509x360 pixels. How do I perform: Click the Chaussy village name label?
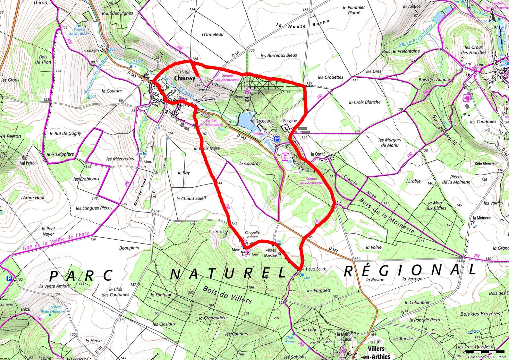(x=184, y=78)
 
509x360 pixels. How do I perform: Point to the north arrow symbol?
(x=493, y=16)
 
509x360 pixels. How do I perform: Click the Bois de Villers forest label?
(x=227, y=295)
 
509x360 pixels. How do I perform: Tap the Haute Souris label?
(x=316, y=269)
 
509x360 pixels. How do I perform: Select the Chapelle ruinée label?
(x=252, y=235)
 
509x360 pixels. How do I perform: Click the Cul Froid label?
(x=216, y=231)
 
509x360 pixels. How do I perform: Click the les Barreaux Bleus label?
(x=279, y=55)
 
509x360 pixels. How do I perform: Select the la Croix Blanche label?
(x=365, y=102)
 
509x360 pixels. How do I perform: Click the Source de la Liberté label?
(x=79, y=31)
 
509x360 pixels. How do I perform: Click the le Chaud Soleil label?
(x=191, y=198)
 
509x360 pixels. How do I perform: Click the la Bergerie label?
(x=288, y=121)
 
